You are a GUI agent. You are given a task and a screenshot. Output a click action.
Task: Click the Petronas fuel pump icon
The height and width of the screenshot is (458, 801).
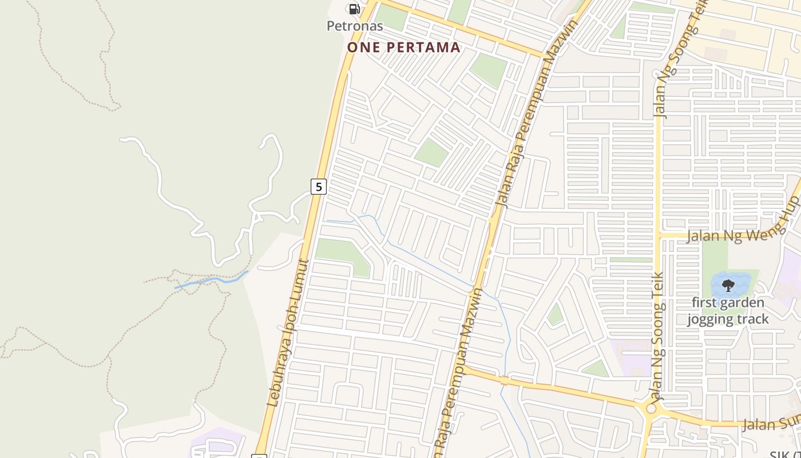pos(354,9)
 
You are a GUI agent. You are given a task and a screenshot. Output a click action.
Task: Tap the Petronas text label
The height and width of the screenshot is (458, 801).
pos(355,26)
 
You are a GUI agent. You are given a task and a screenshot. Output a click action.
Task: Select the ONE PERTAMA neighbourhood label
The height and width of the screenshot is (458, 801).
pos(404,48)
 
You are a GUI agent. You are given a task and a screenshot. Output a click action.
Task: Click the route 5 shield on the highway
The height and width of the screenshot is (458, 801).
pos(319,187)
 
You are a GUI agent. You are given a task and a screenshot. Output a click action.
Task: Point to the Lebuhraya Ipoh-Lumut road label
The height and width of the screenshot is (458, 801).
pos(288,333)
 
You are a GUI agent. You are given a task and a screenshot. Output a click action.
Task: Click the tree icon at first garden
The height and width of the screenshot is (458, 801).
pos(728,285)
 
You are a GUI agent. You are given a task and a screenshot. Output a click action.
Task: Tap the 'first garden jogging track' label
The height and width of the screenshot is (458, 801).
pos(728,311)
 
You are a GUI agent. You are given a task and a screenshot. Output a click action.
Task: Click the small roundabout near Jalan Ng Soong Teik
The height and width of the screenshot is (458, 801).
pos(651,409)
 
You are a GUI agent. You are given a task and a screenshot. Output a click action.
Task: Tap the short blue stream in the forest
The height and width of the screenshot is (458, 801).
pos(212,281)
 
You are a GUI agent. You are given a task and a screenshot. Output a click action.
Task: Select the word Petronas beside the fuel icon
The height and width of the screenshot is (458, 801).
pos(355,26)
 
